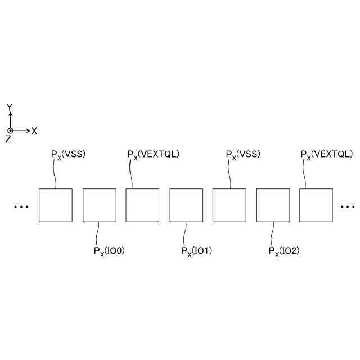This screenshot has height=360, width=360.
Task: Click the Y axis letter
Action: [10, 107]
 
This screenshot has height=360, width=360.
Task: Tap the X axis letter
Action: [34, 131]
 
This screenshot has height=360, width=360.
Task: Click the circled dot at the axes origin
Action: [10, 130]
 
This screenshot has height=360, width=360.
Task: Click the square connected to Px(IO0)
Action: [99, 205]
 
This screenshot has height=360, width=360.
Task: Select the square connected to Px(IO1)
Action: [186, 205]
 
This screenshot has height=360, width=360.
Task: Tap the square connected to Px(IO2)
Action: [273, 205]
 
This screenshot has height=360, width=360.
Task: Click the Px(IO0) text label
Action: [109, 251]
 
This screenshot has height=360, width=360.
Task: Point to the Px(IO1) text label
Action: [196, 251]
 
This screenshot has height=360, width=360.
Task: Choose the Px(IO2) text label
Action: [283, 251]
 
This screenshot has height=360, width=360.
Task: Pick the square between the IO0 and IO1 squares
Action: [142, 205]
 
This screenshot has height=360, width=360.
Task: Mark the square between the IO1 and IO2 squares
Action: [229, 205]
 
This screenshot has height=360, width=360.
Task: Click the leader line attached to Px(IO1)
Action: [186, 233]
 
